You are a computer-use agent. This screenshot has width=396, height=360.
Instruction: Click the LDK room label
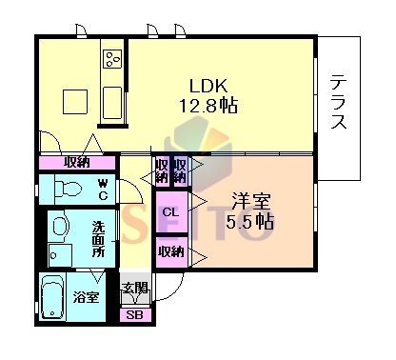[x=208, y=86]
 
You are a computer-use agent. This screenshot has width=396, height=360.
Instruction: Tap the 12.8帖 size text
[x=208, y=106]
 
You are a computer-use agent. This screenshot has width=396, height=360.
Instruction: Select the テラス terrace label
[x=338, y=102]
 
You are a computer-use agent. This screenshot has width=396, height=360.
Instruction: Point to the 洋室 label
[x=250, y=201]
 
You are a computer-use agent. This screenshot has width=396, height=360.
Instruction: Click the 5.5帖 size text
[x=250, y=221]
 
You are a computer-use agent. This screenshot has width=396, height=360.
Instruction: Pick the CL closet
[x=171, y=212]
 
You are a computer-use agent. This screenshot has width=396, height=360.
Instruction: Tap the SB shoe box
[x=135, y=315]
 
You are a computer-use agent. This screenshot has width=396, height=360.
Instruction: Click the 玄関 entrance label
[x=135, y=288]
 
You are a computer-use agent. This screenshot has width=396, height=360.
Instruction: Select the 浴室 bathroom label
[x=86, y=297]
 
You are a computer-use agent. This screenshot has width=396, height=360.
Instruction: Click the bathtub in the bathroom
[x=52, y=297]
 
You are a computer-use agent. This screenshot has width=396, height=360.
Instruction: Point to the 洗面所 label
[x=98, y=239]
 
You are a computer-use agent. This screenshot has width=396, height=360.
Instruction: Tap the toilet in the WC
[x=68, y=189]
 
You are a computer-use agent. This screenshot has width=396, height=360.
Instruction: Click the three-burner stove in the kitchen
[x=112, y=59]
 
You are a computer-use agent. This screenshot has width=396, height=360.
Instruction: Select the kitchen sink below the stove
[x=112, y=103]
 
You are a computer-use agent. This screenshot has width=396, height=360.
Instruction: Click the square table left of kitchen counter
[x=75, y=102]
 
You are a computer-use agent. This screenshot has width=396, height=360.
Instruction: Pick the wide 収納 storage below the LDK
[x=77, y=163]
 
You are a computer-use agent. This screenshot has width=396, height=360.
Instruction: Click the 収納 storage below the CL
[x=171, y=252]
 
